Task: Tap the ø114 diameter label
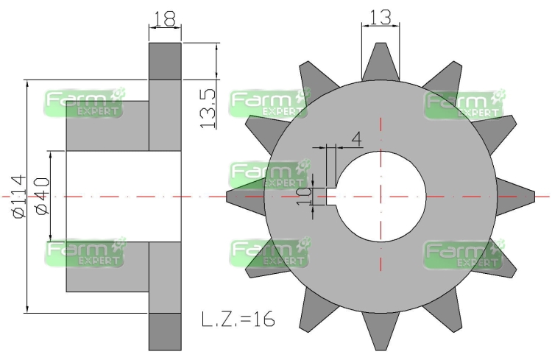(x=18, y=196)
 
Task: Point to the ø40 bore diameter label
(x=41, y=196)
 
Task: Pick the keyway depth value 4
(x=356, y=138)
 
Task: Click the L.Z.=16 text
(x=239, y=320)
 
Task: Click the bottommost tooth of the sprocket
(x=381, y=336)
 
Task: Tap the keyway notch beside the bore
(x=333, y=197)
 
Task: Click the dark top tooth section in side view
(x=165, y=61)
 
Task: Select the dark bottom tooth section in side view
(x=165, y=331)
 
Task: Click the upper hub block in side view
(x=107, y=125)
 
